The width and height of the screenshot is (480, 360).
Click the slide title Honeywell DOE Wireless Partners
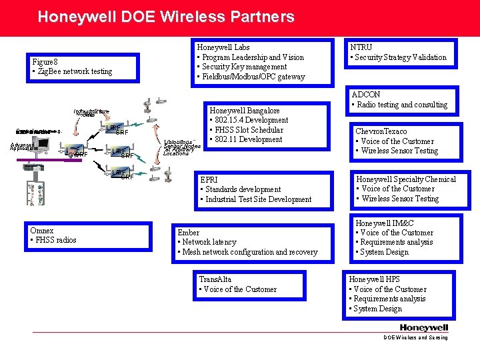165,17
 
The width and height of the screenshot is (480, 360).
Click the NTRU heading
361,47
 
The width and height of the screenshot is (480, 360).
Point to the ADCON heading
366,95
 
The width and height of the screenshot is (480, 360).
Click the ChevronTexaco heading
381,131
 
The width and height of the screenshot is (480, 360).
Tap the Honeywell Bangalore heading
245,111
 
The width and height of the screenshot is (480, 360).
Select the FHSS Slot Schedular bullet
249,130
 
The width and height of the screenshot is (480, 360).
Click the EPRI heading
209,180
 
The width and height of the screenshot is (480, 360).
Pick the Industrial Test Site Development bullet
258,199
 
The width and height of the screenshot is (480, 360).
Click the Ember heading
189,233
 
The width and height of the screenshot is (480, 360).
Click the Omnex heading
42,231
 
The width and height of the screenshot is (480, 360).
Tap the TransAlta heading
215,279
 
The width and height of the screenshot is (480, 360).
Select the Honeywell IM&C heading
385,223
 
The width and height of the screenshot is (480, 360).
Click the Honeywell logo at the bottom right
424,327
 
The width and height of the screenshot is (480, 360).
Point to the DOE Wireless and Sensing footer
415,338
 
